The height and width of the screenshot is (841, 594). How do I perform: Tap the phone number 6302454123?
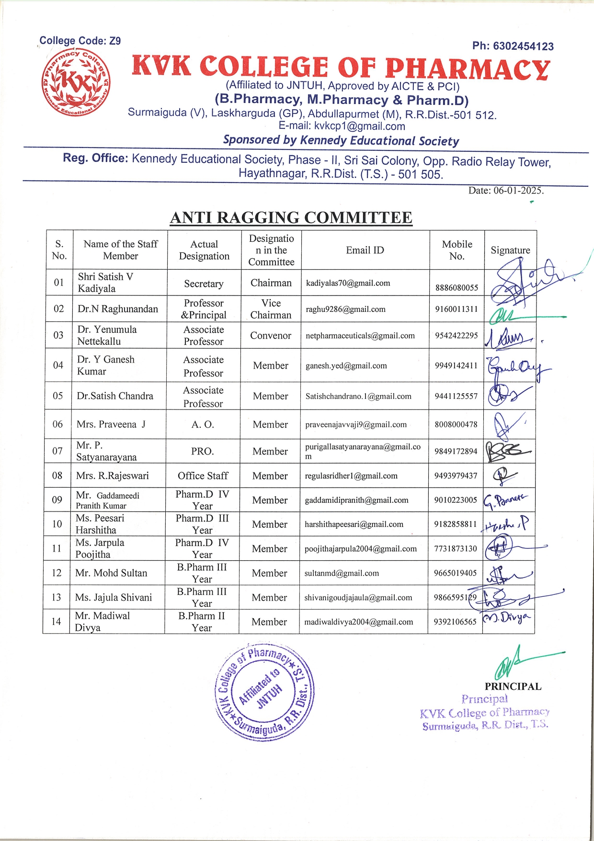coord(523,46)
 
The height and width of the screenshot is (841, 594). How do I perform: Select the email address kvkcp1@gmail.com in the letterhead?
coord(359,126)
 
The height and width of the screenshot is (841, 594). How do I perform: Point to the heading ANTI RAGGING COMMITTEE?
coord(291,218)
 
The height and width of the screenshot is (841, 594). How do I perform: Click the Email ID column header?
coord(365,250)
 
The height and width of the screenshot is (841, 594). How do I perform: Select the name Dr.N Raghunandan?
coord(118,309)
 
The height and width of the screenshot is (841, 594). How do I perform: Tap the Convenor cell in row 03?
coord(271,336)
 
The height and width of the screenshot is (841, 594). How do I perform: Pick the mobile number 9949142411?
coord(456,366)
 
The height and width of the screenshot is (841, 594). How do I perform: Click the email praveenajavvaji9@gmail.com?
coord(356,425)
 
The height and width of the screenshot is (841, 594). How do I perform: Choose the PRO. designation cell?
coord(203,452)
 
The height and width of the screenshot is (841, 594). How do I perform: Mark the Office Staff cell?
coord(203,476)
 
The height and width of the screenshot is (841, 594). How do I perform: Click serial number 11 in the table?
coord(57,549)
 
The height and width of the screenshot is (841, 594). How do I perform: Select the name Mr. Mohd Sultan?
coord(111,573)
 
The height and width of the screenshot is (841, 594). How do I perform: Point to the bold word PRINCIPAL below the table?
coord(513,687)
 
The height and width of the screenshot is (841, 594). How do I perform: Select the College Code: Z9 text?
coord(80,41)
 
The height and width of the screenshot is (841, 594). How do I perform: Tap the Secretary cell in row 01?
coord(204,284)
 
